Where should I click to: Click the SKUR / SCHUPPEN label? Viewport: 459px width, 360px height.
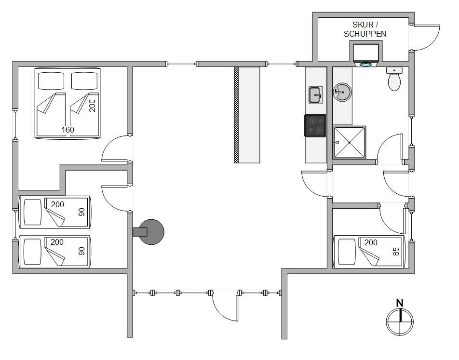364,29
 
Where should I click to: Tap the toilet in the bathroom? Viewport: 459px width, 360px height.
394,79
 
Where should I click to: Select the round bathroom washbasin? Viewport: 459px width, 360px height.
342,92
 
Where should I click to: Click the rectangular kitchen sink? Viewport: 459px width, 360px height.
316,95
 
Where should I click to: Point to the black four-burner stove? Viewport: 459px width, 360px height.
315,126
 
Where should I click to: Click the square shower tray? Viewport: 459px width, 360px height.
349,143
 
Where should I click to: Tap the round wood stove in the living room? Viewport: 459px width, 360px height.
150,232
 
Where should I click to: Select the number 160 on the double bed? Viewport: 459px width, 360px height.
67,130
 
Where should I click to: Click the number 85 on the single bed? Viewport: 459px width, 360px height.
396,252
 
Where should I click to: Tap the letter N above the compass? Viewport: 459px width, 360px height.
400,303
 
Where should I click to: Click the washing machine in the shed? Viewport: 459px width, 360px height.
366,54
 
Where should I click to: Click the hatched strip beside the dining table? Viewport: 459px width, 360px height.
236,115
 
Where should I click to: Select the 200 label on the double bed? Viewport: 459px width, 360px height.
92,106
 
